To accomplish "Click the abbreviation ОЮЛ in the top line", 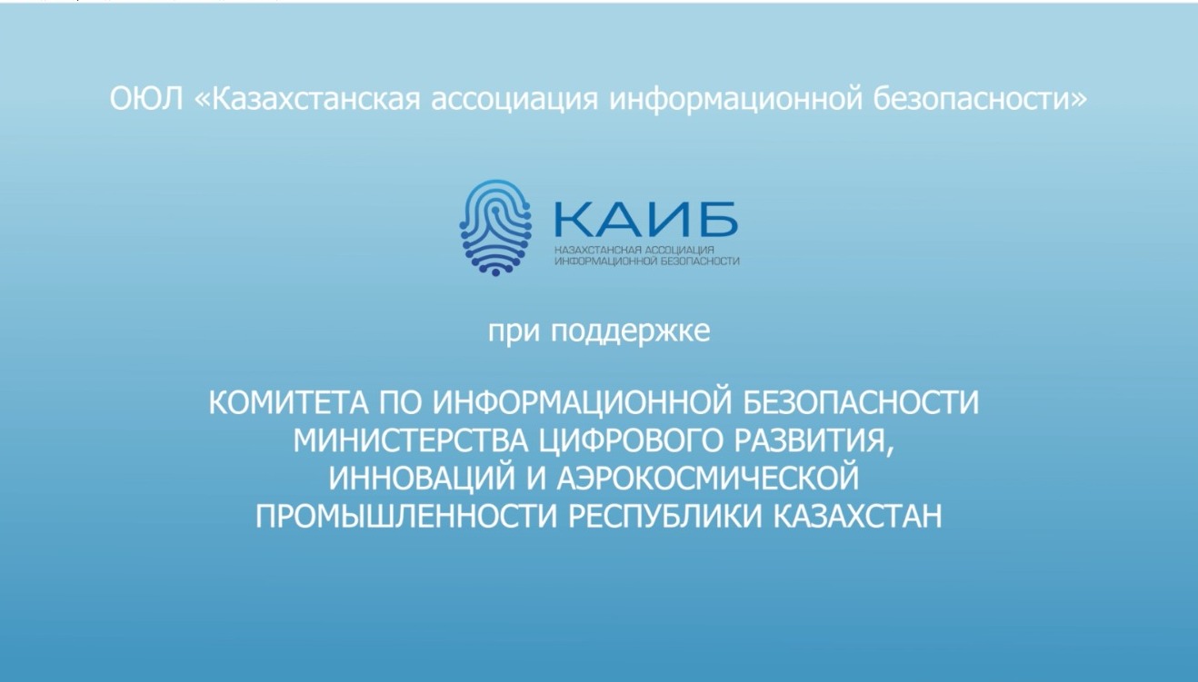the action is (x=146, y=98).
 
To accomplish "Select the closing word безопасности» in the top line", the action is (x=981, y=98).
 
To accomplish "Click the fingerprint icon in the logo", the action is (x=495, y=228).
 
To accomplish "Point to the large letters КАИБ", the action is (x=646, y=219).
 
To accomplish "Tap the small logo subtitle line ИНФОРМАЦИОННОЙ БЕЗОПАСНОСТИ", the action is (x=647, y=262).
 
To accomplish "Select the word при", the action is (x=514, y=331).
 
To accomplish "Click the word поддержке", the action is (x=631, y=331).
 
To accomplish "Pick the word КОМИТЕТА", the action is (x=288, y=402).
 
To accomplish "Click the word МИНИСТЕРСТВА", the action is (x=410, y=441).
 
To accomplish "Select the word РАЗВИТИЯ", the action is (x=807, y=441).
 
